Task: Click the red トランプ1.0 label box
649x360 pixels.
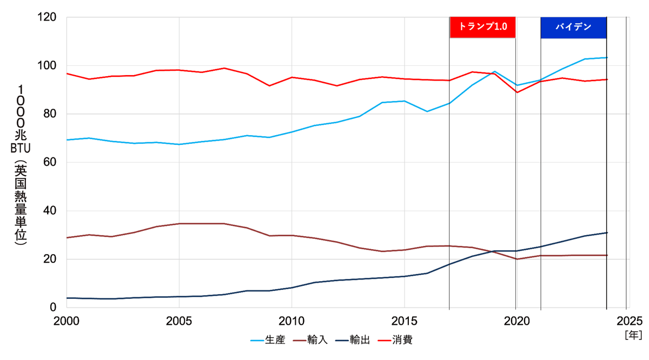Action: point(482,27)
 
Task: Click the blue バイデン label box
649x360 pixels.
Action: point(573,27)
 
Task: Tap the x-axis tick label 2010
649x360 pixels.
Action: point(291,319)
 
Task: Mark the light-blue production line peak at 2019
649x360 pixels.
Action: point(494,71)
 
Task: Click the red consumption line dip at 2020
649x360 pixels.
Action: point(516,92)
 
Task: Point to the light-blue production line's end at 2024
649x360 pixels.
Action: point(606,58)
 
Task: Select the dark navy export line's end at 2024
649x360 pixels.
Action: point(606,233)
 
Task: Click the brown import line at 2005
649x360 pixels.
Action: point(179,223)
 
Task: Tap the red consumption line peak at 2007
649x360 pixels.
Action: point(224,68)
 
